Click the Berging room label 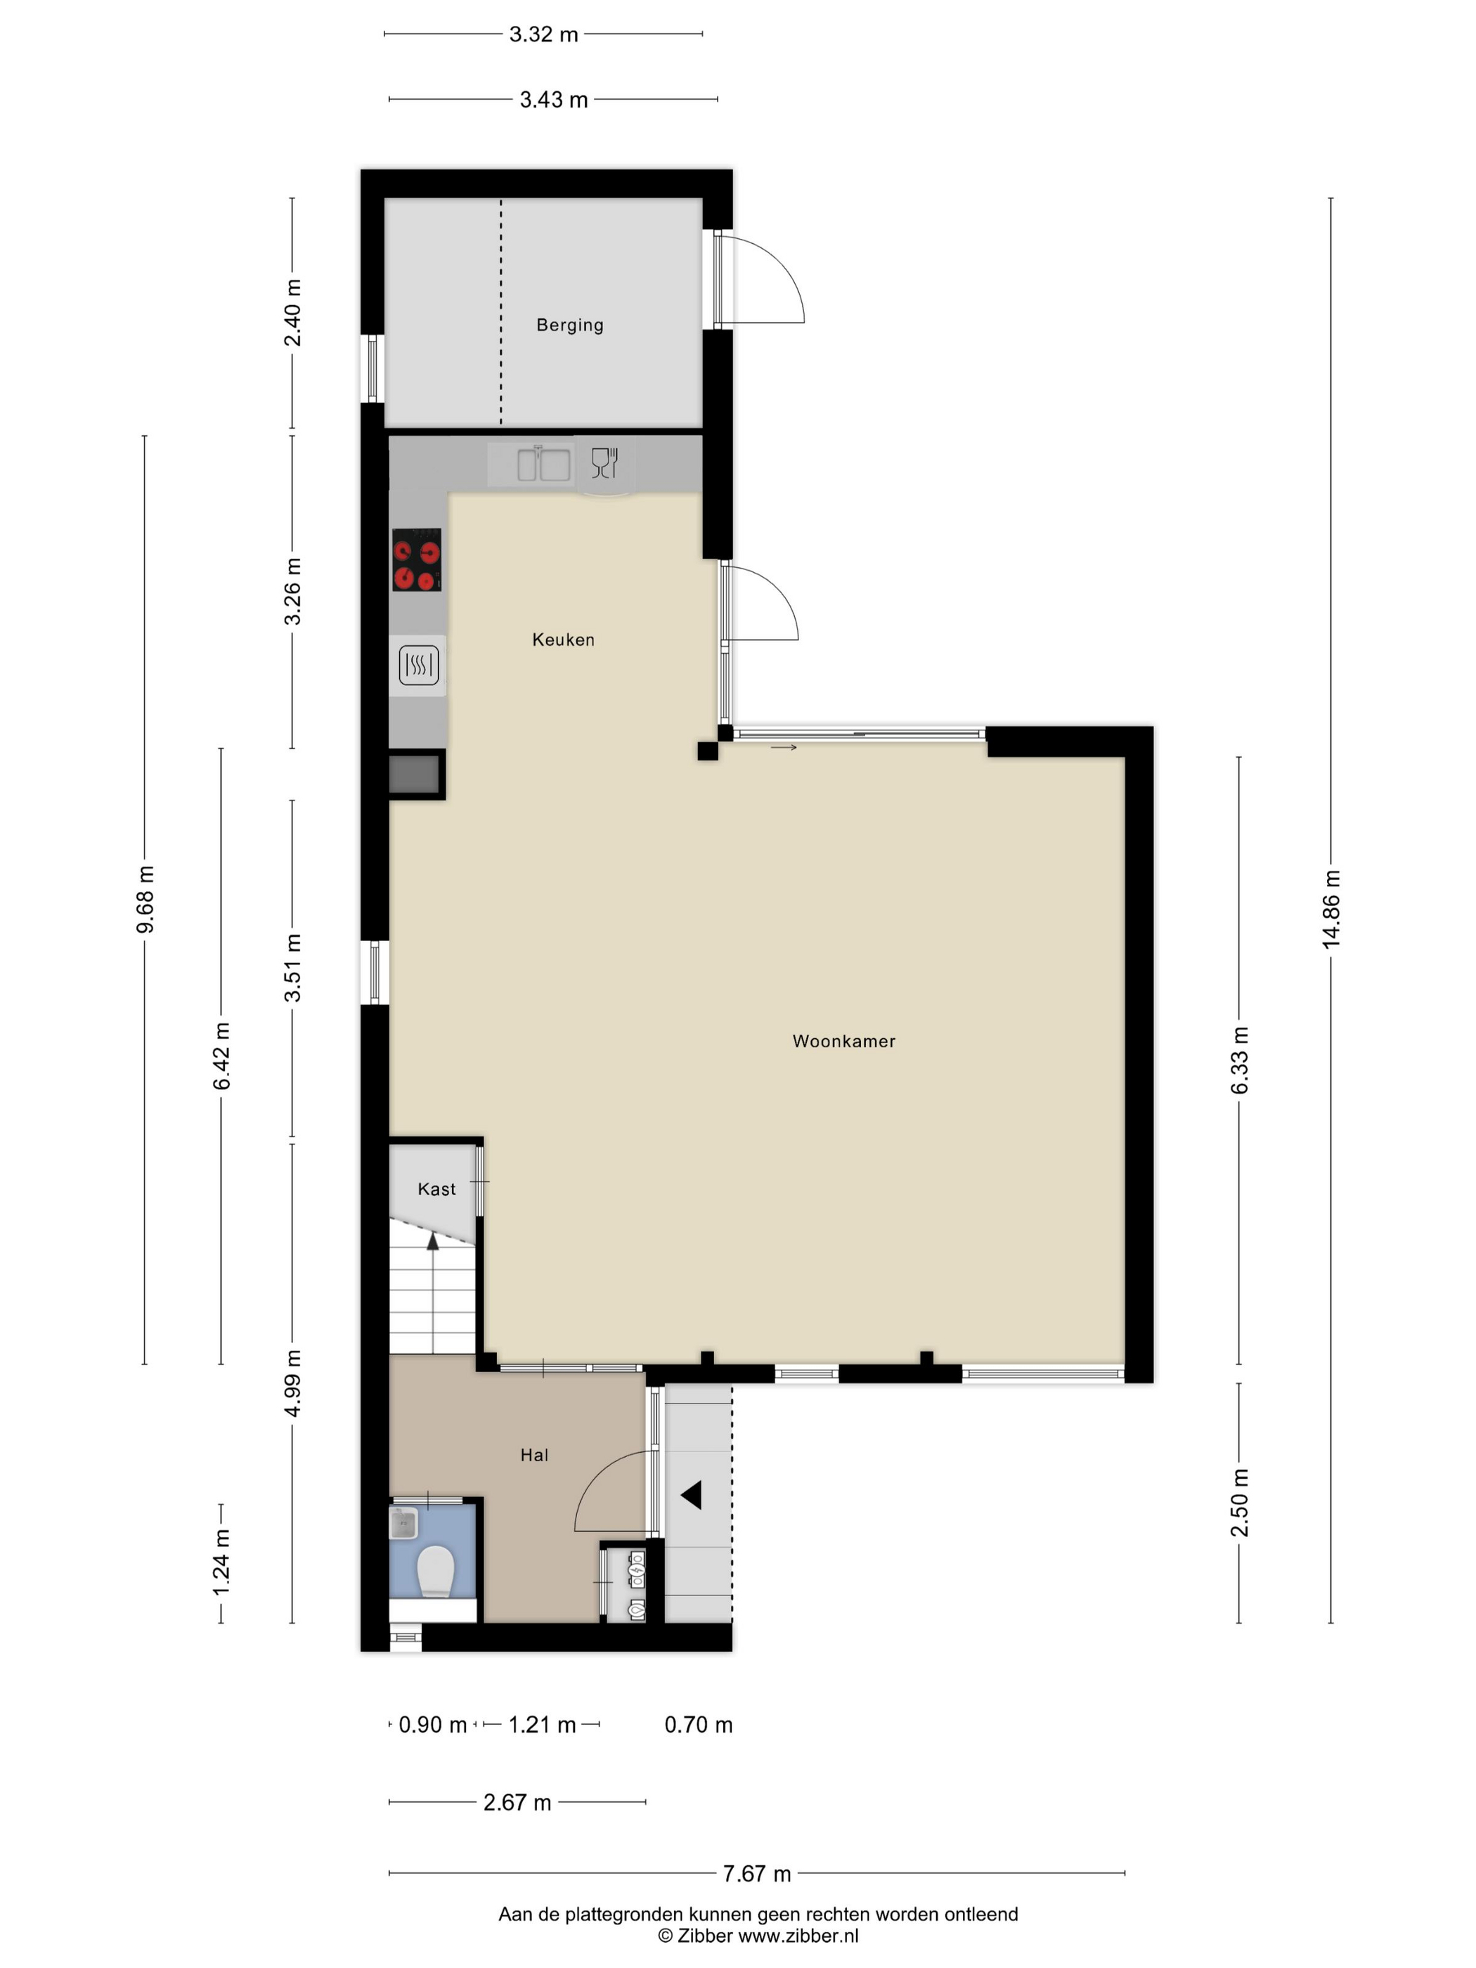[x=569, y=325]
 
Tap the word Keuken [x=563, y=640]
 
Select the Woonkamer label [x=843, y=1041]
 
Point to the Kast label [x=437, y=1189]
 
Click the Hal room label [x=533, y=1455]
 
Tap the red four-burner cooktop [x=416, y=560]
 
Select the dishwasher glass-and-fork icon [x=604, y=462]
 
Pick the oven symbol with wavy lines [x=418, y=665]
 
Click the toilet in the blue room [x=436, y=1570]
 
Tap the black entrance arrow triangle [x=692, y=1495]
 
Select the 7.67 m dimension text [x=756, y=1874]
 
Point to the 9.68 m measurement [x=145, y=900]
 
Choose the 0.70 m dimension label [x=699, y=1724]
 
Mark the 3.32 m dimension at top [x=543, y=34]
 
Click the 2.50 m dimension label [x=1239, y=1503]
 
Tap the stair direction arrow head [x=433, y=1241]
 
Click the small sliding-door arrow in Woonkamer [x=784, y=747]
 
